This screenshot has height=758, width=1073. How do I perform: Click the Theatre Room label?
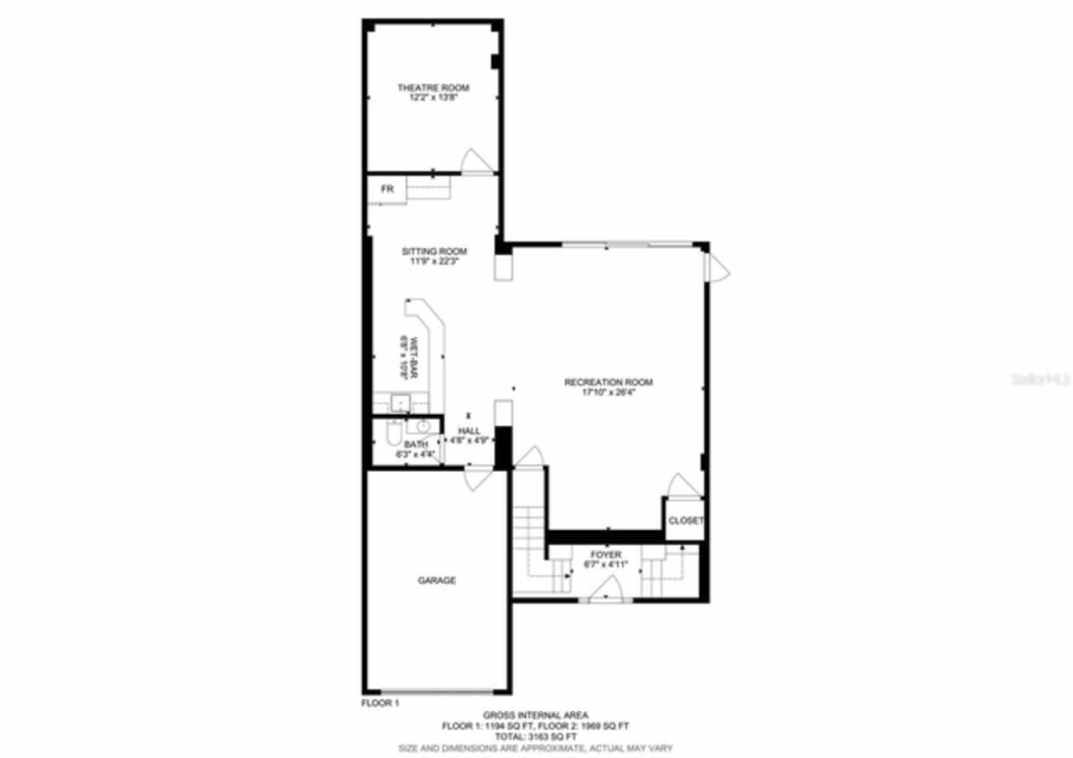pos(433,88)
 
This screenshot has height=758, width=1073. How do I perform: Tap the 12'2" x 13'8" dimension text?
pos(433,98)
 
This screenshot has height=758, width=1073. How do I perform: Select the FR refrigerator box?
pos(387,189)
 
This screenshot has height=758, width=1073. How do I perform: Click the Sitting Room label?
pos(433,252)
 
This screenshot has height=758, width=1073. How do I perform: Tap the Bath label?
pos(416,444)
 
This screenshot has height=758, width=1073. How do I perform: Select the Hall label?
pos(469,430)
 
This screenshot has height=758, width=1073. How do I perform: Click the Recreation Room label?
pos(608,382)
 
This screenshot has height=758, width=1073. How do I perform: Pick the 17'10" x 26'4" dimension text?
pos(608,392)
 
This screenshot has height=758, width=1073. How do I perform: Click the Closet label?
pos(685,521)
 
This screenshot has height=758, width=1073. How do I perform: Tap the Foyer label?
pos(605,555)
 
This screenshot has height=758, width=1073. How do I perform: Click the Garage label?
pos(437,580)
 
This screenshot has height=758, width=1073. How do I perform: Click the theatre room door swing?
pos(475,163)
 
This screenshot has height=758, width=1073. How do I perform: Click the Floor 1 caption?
pos(380,703)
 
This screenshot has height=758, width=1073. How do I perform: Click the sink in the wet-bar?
pos(400,403)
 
